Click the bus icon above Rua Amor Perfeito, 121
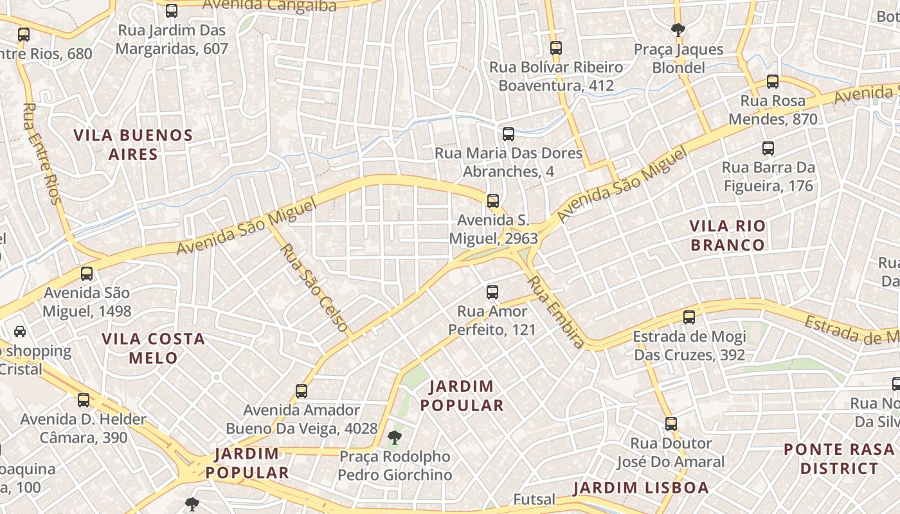point(492,292)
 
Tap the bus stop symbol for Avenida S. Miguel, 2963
point(493,201)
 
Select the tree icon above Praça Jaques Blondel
point(678,30)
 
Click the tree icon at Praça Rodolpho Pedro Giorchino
point(394,438)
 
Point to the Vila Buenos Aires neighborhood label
point(133,145)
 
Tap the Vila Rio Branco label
point(728,235)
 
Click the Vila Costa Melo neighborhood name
point(154,348)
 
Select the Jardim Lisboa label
point(641,488)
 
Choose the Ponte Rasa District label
point(839,459)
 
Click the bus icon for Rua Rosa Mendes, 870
point(773,82)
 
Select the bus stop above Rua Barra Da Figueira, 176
point(768,148)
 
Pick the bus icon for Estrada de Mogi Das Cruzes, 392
point(689,317)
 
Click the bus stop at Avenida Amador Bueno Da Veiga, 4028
point(301,391)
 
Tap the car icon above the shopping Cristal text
point(20,332)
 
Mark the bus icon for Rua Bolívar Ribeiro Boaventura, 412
point(556,48)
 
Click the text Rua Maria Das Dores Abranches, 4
point(509,163)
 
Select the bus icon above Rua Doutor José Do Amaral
point(671,424)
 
